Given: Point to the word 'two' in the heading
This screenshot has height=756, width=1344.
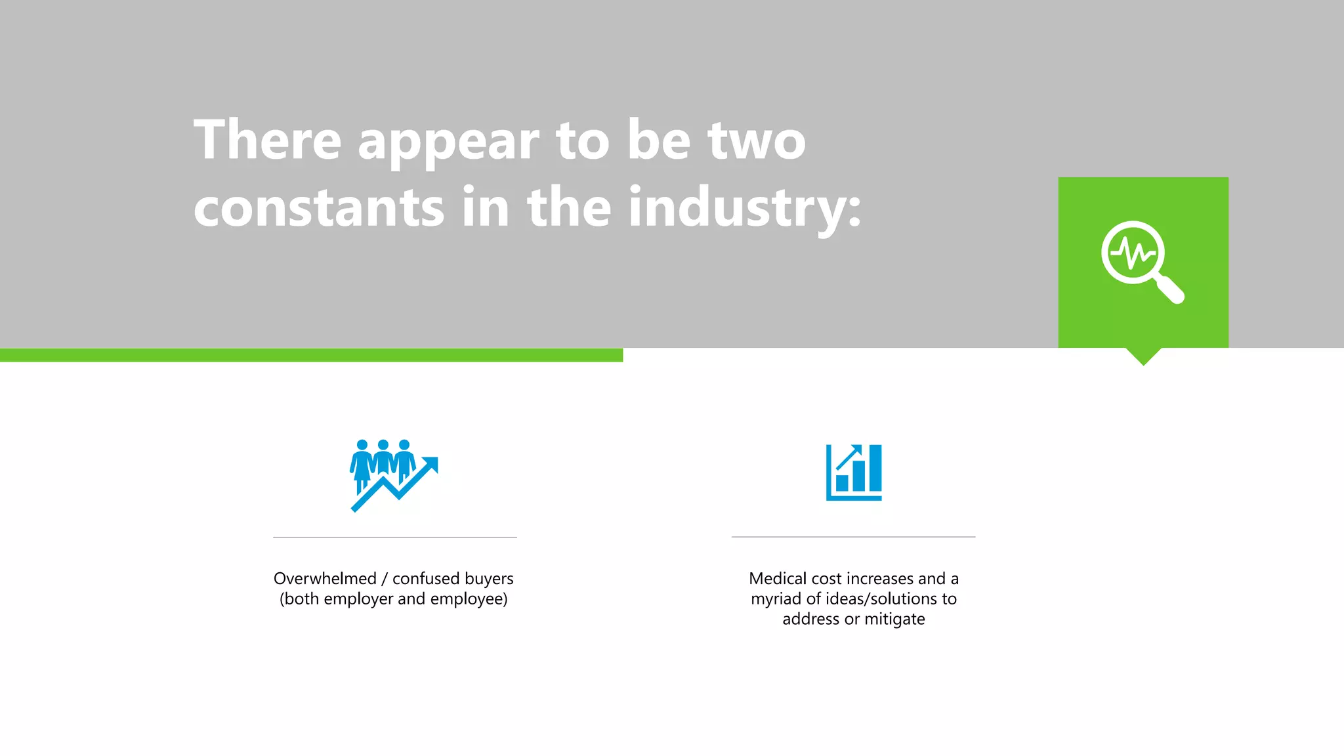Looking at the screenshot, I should coord(756,140).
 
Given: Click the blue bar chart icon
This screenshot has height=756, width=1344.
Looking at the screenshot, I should coord(853,472).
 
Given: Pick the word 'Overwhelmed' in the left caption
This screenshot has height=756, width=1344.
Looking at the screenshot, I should coord(325,579).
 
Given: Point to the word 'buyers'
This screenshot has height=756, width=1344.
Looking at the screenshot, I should coord(489,579).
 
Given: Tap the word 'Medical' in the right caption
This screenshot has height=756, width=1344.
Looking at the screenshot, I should coord(778,579).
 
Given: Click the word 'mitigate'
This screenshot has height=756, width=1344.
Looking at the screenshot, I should coord(894,619).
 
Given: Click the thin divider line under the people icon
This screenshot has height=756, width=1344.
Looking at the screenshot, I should coord(395,537).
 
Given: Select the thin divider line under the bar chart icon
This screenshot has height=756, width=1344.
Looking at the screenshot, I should coord(853,537).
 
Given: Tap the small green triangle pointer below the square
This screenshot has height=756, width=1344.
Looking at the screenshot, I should coord(1143,356).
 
